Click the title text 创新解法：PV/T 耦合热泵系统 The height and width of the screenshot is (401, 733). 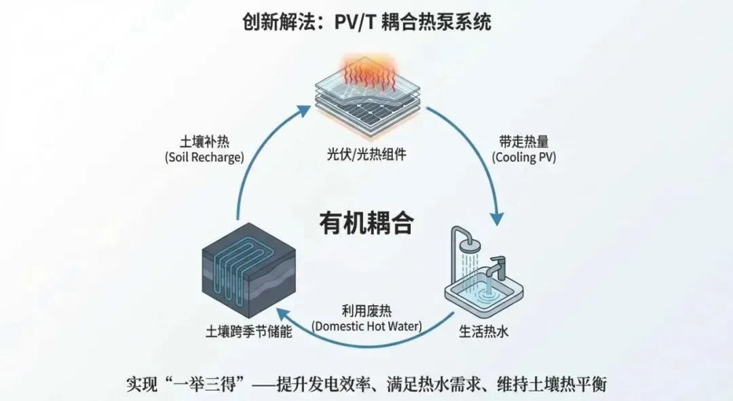pyautogui.click(x=366, y=22)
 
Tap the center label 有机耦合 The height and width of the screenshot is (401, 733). pyautogui.click(x=366, y=223)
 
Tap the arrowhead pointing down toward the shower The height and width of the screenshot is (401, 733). pyautogui.click(x=497, y=218)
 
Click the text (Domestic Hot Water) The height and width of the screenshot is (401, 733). pyautogui.click(x=366, y=326)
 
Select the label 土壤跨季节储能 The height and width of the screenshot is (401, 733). pyautogui.click(x=245, y=333)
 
